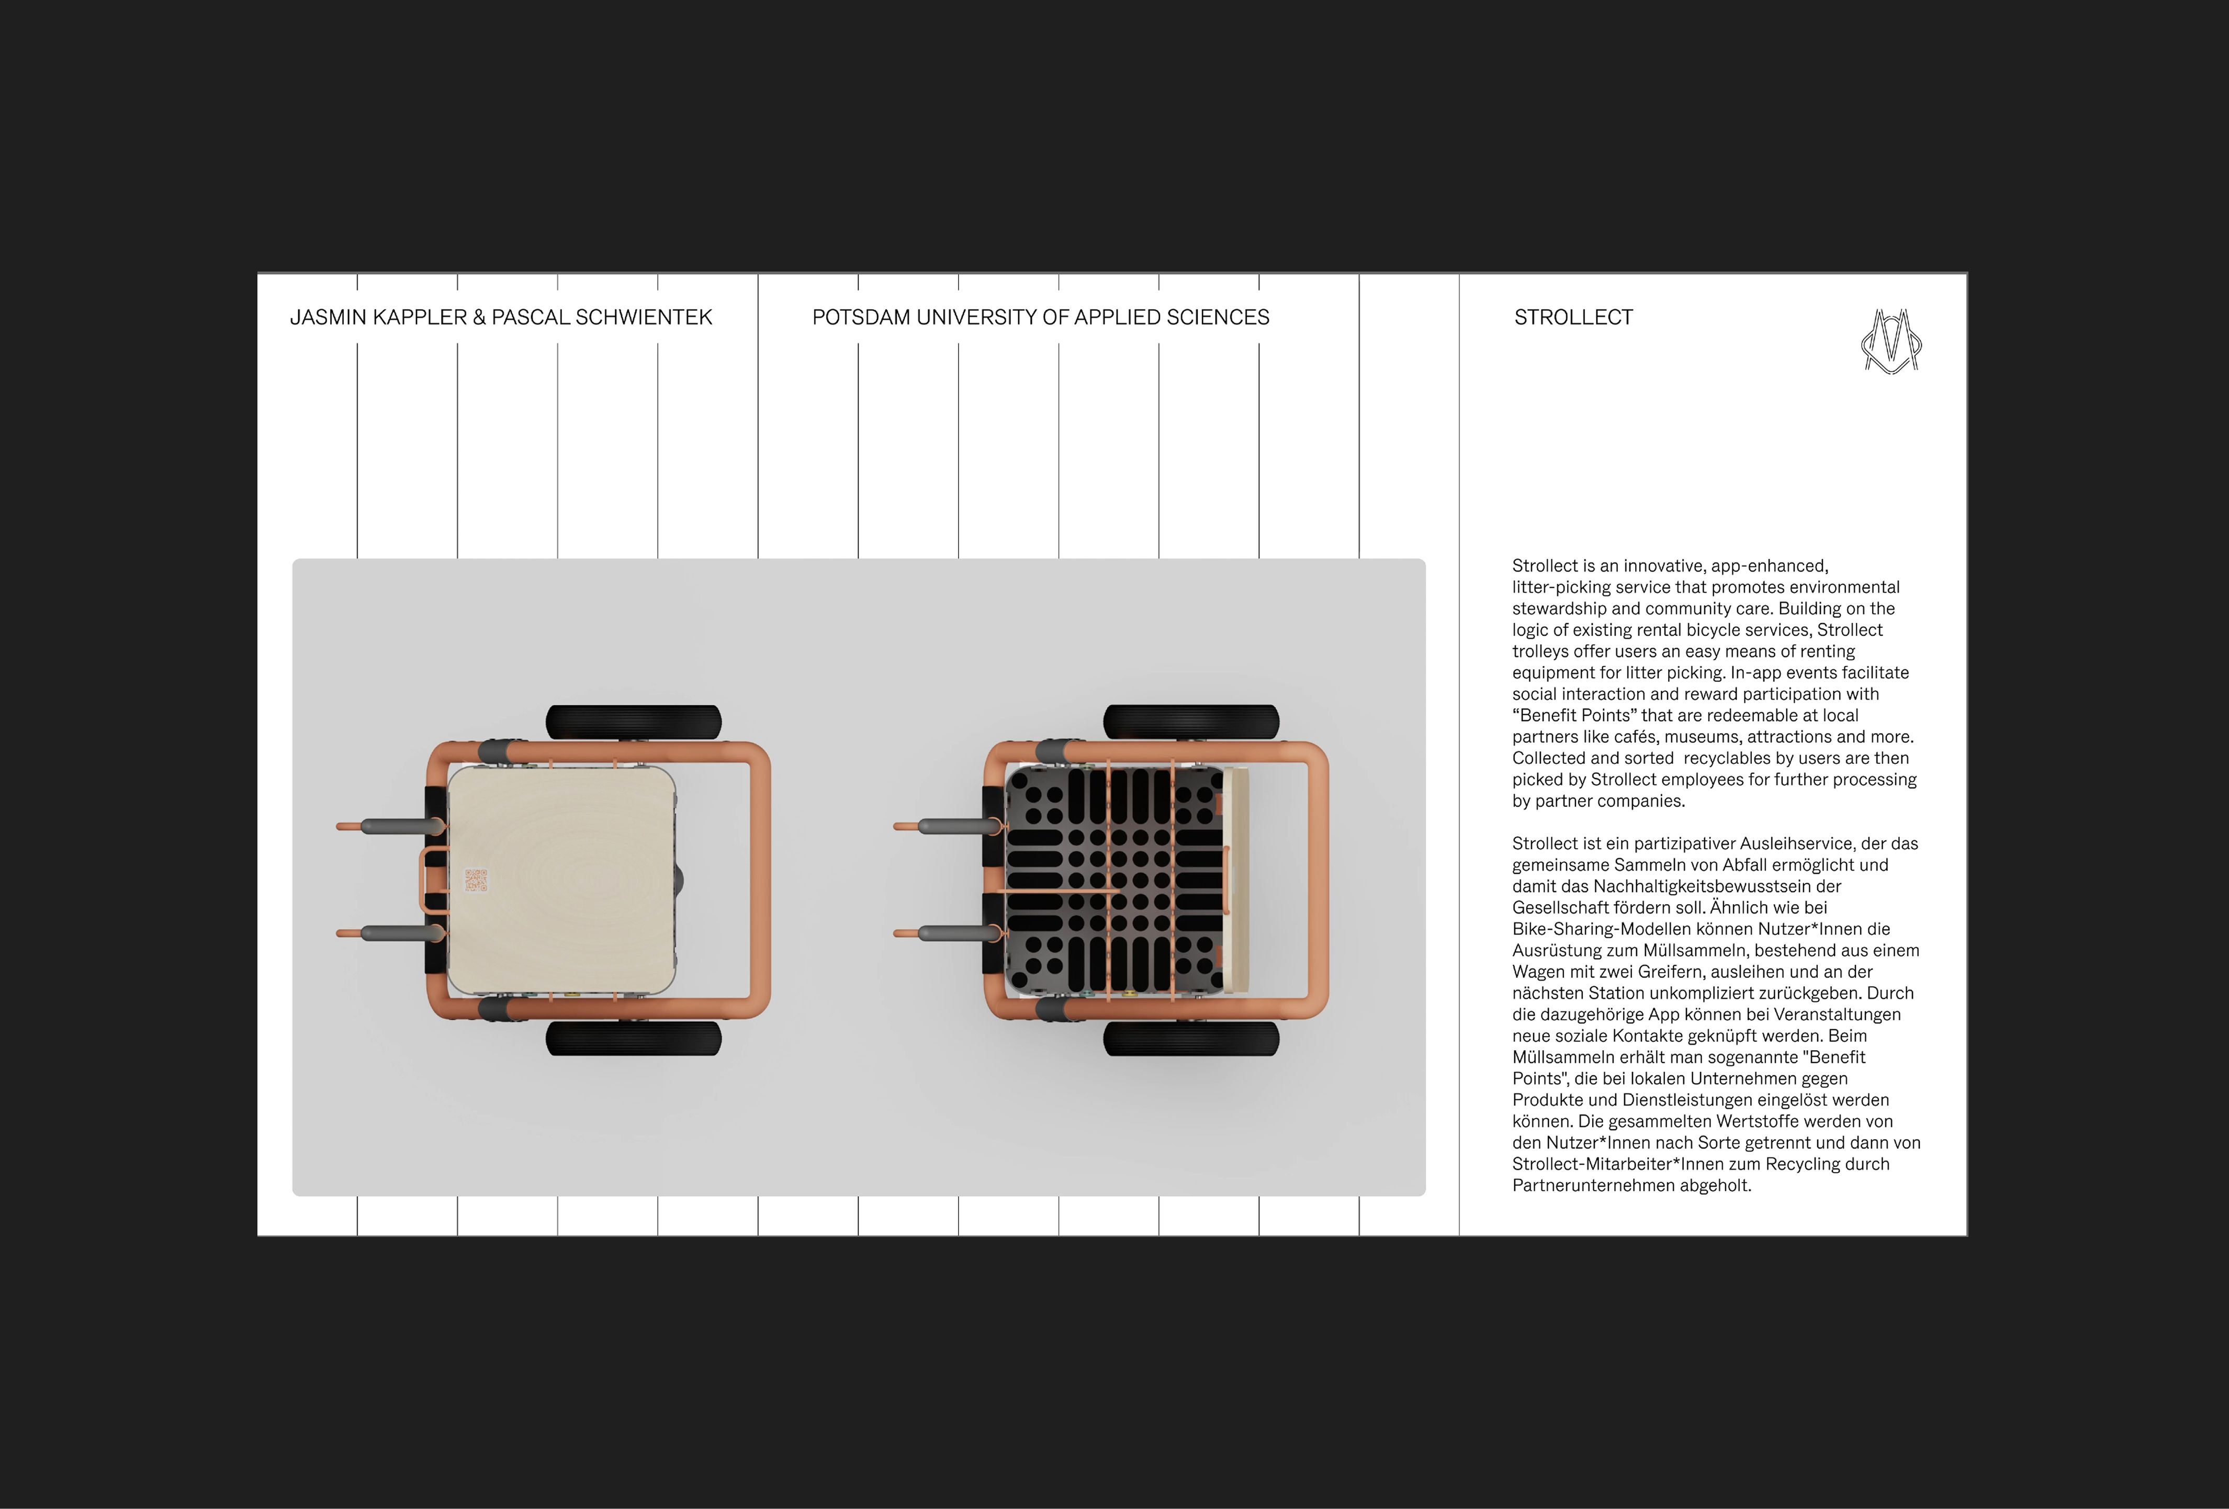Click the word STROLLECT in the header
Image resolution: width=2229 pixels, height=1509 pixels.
(x=1573, y=318)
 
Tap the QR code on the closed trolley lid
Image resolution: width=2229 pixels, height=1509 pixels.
(x=476, y=880)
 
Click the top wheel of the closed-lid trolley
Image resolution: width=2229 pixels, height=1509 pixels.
(x=634, y=723)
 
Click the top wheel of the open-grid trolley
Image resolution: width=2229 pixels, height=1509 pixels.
(x=1191, y=723)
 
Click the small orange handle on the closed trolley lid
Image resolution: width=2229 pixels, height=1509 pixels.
(x=433, y=880)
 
